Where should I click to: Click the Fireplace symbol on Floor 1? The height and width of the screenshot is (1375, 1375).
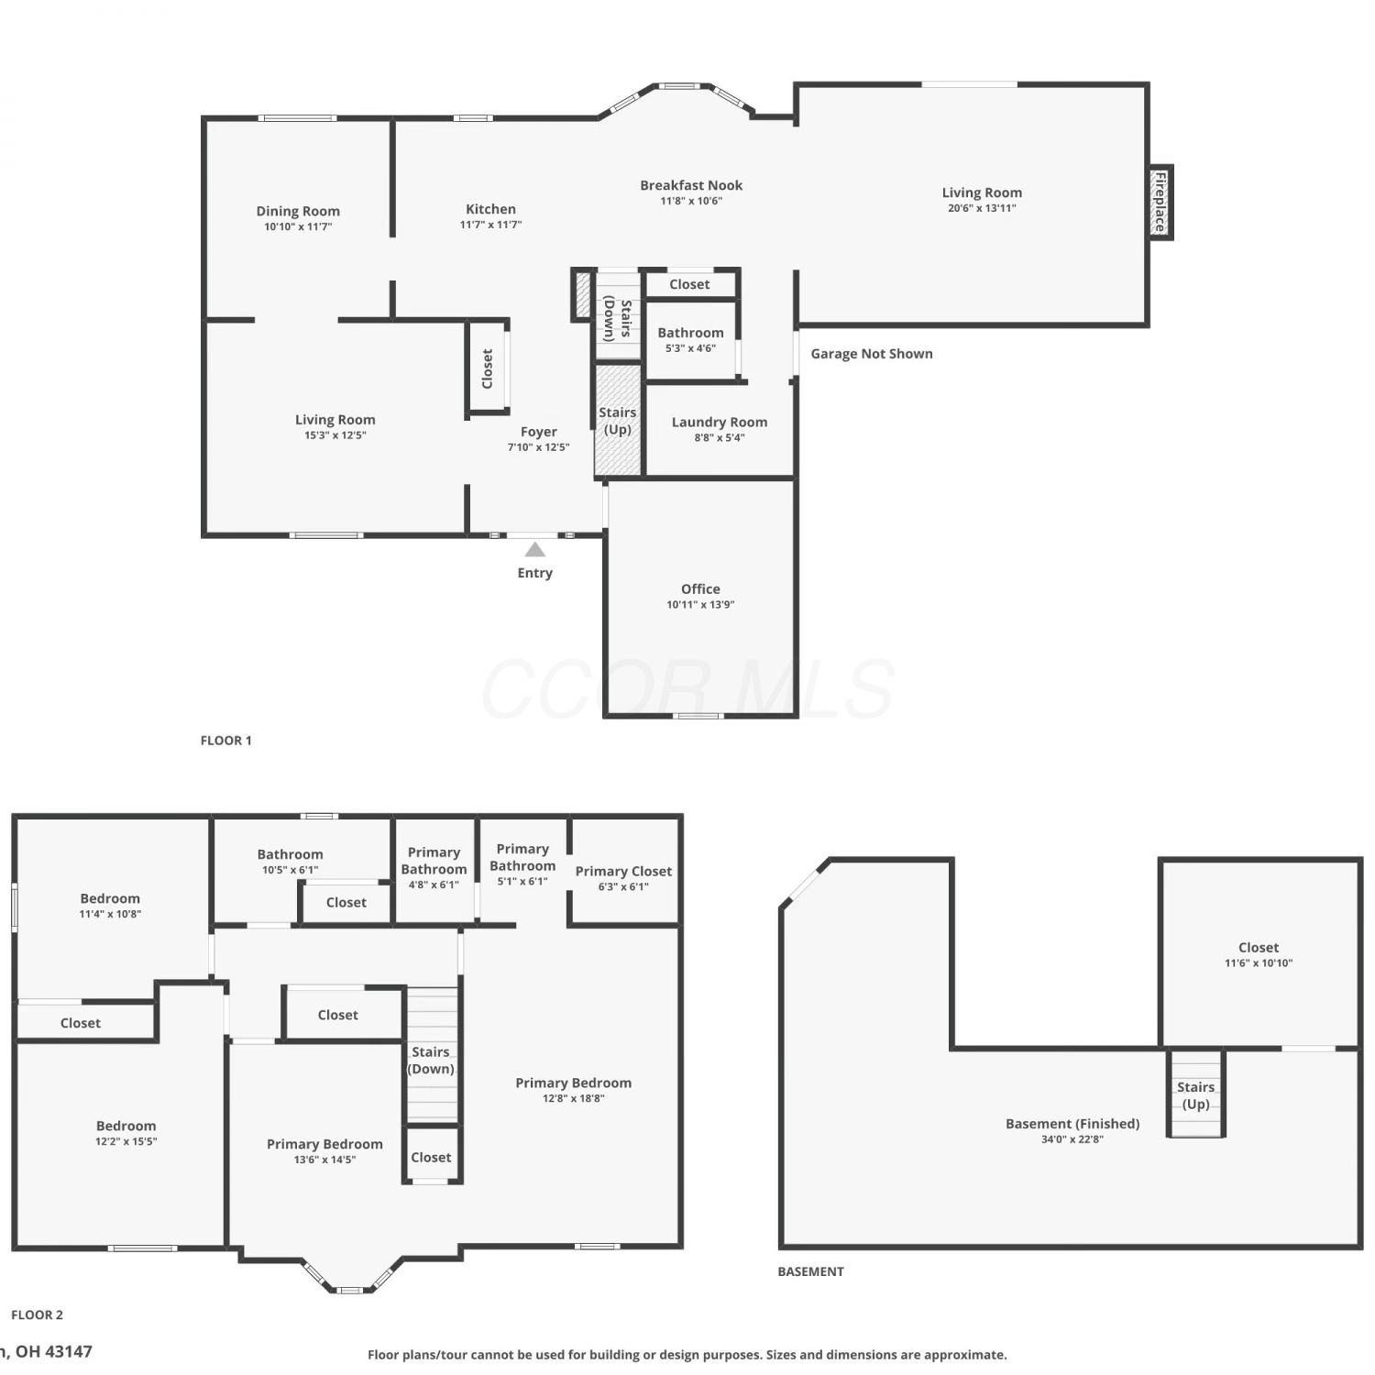(x=1160, y=203)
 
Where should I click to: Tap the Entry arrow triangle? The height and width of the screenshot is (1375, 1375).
(x=535, y=549)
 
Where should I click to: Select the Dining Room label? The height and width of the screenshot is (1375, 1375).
(x=298, y=211)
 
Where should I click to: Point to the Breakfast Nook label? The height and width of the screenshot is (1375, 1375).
(x=691, y=185)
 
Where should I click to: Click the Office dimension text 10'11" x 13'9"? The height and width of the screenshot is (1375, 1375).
(x=700, y=605)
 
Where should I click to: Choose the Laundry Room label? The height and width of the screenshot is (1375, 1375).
(x=720, y=423)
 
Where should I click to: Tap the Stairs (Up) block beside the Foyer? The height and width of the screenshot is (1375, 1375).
(x=618, y=420)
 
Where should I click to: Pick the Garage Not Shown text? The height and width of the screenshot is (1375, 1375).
(x=872, y=354)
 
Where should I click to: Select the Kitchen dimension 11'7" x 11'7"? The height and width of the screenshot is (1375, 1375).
(x=490, y=225)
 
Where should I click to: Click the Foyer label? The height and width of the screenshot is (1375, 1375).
(x=539, y=432)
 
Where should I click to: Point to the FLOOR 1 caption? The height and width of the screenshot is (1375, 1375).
(x=225, y=741)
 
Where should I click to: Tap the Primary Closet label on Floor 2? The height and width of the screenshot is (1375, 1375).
(x=623, y=871)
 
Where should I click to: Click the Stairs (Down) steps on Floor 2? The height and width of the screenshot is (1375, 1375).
(x=432, y=1054)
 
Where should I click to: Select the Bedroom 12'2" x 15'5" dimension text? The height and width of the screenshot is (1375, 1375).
(x=126, y=1142)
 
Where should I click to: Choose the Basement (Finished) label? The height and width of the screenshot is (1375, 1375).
(x=1072, y=1124)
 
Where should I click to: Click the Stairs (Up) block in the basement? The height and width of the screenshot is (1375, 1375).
(x=1195, y=1094)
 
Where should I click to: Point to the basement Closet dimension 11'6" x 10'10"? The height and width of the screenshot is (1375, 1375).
(x=1259, y=963)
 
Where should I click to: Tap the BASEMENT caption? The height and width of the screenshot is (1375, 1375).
(x=810, y=1271)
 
